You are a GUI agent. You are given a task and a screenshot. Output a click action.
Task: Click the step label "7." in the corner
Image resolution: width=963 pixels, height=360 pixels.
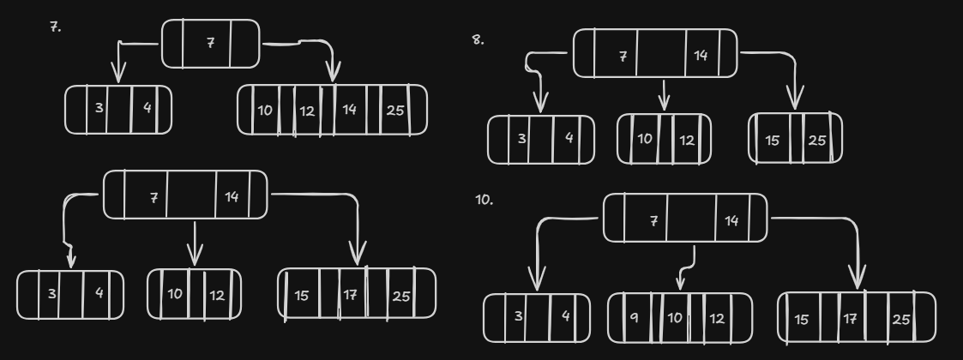(x=55, y=27)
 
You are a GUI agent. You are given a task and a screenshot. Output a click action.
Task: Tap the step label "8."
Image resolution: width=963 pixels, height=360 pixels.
(x=478, y=39)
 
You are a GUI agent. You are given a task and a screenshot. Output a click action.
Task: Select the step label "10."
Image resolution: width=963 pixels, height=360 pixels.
(x=483, y=200)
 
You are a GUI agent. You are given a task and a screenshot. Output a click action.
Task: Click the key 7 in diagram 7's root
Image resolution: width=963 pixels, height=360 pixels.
(x=210, y=42)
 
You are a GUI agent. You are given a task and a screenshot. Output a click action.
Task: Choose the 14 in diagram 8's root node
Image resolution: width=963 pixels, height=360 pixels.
(x=701, y=56)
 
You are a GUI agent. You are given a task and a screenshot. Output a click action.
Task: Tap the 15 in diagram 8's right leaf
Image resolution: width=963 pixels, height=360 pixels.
(x=772, y=140)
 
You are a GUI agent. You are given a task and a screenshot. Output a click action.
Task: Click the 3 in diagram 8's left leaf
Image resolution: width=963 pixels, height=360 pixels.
(x=521, y=139)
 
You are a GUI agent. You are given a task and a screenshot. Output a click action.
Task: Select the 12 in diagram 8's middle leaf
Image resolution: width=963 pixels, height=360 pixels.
(x=687, y=139)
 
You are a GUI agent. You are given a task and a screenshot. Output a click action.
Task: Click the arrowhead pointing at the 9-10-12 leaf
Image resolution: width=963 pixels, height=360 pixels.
(x=679, y=284)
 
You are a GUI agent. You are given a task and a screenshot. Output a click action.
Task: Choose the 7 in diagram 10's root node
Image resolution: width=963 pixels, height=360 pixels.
(x=654, y=220)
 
